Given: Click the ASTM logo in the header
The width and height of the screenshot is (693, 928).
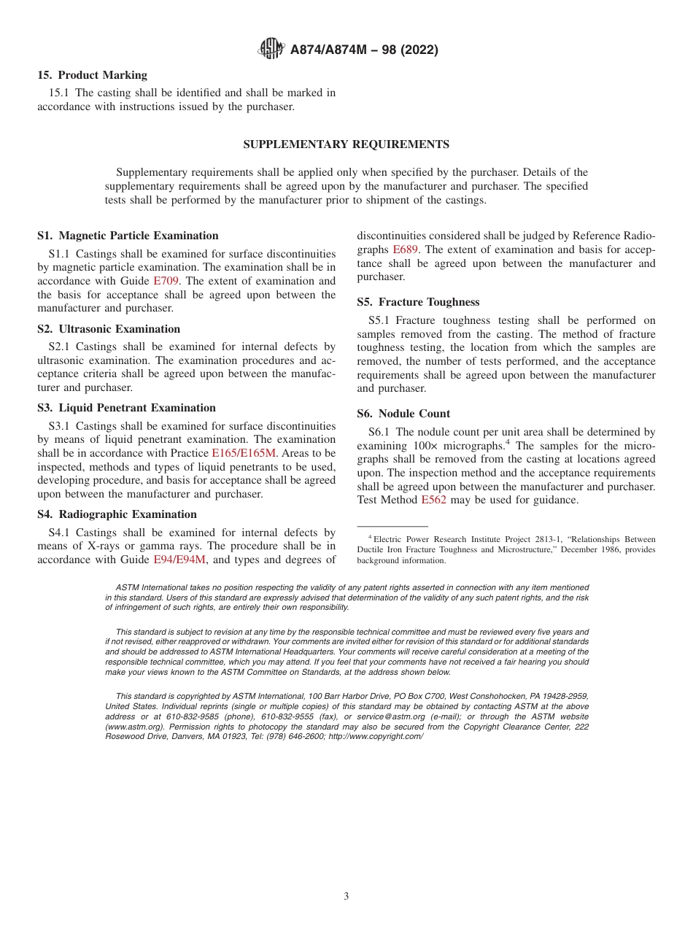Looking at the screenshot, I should click(271, 50).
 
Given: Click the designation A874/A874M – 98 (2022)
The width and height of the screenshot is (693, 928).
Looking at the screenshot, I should click(364, 50).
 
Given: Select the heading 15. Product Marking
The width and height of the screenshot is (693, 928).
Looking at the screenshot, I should click(92, 75).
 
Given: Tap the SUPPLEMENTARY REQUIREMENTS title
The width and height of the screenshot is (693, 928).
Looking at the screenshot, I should click(346, 144).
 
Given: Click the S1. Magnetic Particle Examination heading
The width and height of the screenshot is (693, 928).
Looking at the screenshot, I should click(128, 236).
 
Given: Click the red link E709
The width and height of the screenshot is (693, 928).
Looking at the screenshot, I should click(166, 281).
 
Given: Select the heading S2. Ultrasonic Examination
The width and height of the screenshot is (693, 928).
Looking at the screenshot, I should click(109, 329).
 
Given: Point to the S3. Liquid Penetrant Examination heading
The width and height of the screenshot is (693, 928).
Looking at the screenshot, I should click(126, 408).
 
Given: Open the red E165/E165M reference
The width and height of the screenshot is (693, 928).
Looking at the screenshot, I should click(244, 453).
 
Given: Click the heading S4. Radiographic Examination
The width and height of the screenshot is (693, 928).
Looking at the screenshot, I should click(117, 514).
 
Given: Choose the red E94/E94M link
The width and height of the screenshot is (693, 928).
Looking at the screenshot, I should click(179, 560).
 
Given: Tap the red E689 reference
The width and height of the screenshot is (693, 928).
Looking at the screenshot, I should click(406, 250).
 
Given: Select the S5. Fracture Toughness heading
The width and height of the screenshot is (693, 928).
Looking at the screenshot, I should click(418, 302).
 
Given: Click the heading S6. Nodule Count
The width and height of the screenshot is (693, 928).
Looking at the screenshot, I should click(403, 414).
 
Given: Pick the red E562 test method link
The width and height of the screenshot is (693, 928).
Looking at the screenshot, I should click(433, 500).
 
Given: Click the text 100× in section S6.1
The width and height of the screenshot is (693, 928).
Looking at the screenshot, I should click(425, 446).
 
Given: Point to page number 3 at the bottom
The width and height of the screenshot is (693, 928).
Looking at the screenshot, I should click(346, 897).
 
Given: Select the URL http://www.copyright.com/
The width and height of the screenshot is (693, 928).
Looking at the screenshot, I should click(376, 737).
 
